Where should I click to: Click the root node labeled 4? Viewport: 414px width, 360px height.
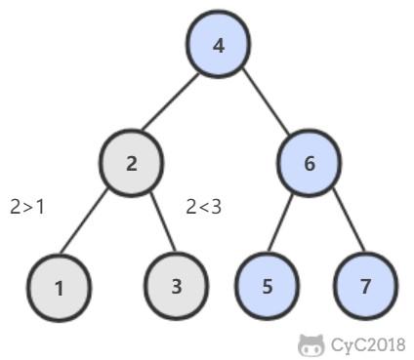point(218,45)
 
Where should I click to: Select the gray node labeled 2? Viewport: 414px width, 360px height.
point(132,163)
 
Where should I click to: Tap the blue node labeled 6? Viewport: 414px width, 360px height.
point(310,163)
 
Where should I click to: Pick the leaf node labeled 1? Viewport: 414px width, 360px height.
point(60,287)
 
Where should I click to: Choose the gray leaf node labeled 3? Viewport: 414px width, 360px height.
point(177,286)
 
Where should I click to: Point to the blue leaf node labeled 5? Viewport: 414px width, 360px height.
point(268,286)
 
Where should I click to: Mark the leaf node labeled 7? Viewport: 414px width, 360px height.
point(365,286)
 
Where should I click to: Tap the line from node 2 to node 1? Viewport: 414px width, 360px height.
point(96,224)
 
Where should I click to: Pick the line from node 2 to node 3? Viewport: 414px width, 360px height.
point(154,224)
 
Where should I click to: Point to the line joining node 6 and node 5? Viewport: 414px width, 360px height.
point(289,224)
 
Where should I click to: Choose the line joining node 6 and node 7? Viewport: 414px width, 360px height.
point(337,224)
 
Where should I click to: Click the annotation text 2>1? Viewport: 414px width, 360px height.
point(27,207)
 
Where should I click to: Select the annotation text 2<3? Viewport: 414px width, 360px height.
point(203,207)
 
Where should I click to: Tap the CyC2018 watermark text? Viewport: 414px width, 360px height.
point(366,343)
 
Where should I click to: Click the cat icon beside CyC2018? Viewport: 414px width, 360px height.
point(310,343)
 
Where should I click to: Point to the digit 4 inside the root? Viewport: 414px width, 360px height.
point(218,45)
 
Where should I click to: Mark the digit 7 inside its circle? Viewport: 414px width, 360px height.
point(365,287)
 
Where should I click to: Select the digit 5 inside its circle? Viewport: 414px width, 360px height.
point(268,287)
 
